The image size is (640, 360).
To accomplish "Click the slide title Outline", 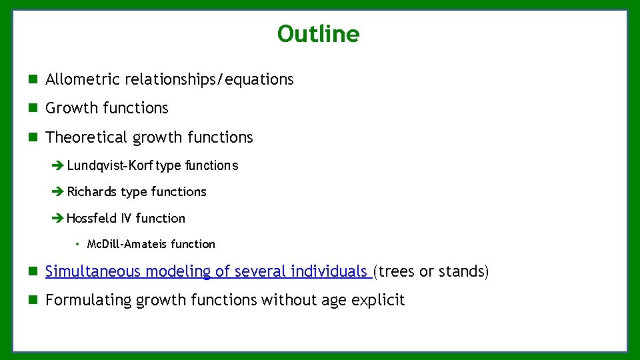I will pyautogui.click(x=318, y=34).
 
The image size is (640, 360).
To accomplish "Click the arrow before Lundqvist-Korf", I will pyautogui.click(x=58, y=165).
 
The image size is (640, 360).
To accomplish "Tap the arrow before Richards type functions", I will pyautogui.click(x=58, y=192).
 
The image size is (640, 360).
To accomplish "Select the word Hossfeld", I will pyautogui.click(x=92, y=218).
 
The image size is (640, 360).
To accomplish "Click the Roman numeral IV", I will pyautogui.click(x=127, y=218).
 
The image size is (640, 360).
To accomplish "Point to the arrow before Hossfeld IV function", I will pyautogui.click(x=58, y=218).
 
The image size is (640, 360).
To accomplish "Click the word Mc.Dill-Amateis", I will pyautogui.click(x=127, y=244).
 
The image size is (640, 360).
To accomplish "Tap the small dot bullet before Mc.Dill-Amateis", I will pyautogui.click(x=78, y=244).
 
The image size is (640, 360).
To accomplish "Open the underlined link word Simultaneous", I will pyautogui.click(x=93, y=271).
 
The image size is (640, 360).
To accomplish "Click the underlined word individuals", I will pyautogui.click(x=332, y=271).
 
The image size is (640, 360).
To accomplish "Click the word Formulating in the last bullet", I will pyautogui.click(x=89, y=300).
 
